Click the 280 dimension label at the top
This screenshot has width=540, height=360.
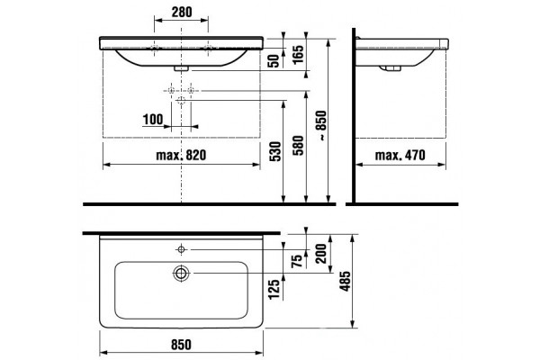pyautogui.click(x=182, y=12)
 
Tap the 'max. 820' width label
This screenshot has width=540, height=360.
pyautogui.click(x=181, y=155)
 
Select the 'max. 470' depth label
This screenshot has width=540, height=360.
pyautogui.click(x=400, y=155)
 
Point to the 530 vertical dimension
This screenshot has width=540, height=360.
pyautogui.click(x=275, y=151)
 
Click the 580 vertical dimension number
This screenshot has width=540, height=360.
pyautogui.click(x=299, y=146)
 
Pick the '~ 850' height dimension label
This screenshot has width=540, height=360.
pyautogui.click(x=321, y=125)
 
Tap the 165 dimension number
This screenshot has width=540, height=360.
pyautogui.click(x=299, y=54)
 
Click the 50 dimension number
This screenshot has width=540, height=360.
pyautogui.click(x=274, y=61)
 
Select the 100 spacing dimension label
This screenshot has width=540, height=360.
pyautogui.click(x=153, y=120)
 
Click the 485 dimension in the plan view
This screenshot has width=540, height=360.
pyautogui.click(x=345, y=281)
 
